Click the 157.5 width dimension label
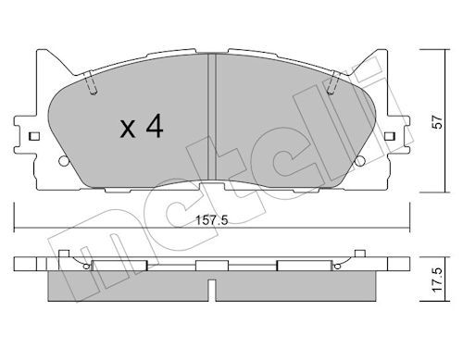(x=212, y=220)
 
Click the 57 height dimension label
(x=437, y=122)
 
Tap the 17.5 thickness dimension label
(x=437, y=280)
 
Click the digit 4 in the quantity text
(x=155, y=126)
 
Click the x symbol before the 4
(x=128, y=130)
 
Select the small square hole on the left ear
(x=33, y=136)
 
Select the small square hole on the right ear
(x=390, y=136)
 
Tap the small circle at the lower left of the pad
(x=64, y=161)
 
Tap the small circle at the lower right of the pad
(x=359, y=161)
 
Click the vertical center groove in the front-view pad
(x=212, y=118)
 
